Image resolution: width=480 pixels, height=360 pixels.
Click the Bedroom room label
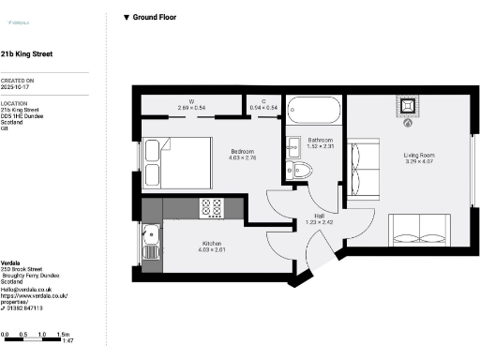(x=243, y=152)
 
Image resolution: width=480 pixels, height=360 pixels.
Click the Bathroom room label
(x=321, y=142)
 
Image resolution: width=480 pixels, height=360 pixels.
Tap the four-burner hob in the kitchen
(x=212, y=207)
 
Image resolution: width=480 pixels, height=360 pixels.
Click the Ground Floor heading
(x=154, y=17)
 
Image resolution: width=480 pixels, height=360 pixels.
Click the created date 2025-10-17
(x=17, y=87)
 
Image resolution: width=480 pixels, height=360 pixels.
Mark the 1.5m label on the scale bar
(x=64, y=335)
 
